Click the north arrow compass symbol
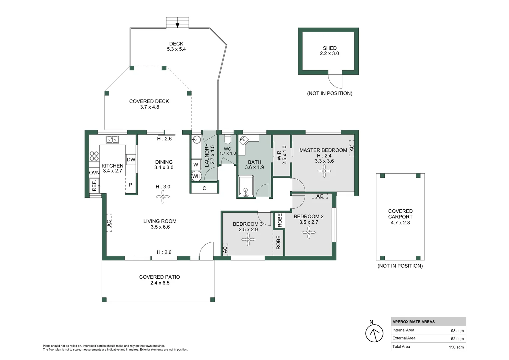pyautogui.click(x=374, y=333)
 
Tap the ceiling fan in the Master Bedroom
pyautogui.click(x=324, y=171)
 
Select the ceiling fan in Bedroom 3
pyautogui.click(x=248, y=239)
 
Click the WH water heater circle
pyautogui.click(x=196, y=176)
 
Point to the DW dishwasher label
pyautogui.click(x=131, y=160)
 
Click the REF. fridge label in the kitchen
pyautogui.click(x=94, y=185)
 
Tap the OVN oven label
pyautogui.click(x=94, y=173)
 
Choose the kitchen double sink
pyautogui.click(x=112, y=139)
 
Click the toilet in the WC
pyautogui.click(x=227, y=139)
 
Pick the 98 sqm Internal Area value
pyautogui.click(x=457, y=331)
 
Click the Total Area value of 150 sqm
pyautogui.click(x=456, y=347)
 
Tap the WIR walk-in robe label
pyautogui.click(x=279, y=155)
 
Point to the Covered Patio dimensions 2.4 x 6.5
pyautogui.click(x=160, y=283)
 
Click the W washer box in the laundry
pyautogui.click(x=196, y=164)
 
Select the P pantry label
pyautogui.click(x=131, y=185)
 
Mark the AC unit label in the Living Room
pyautogui.click(x=109, y=223)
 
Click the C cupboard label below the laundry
pyautogui.click(x=204, y=188)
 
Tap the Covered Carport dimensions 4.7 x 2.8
pyautogui.click(x=400, y=223)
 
